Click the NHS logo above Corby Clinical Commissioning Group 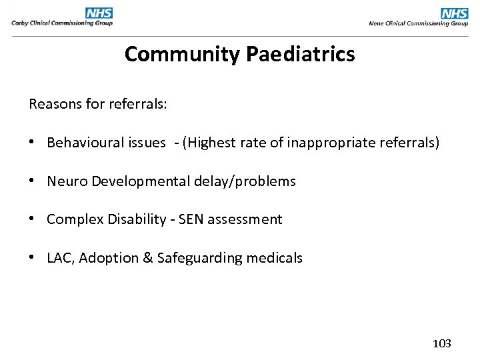coord(99,13)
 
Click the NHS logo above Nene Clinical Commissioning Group coord(454,13)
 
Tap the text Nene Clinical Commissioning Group coord(418,23)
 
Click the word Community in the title coord(182,54)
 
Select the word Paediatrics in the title coord(300,54)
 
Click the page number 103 coord(441,343)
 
